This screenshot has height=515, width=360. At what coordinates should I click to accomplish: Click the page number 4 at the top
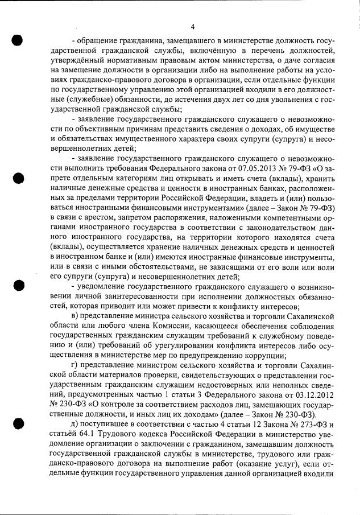[x=193, y=27]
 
